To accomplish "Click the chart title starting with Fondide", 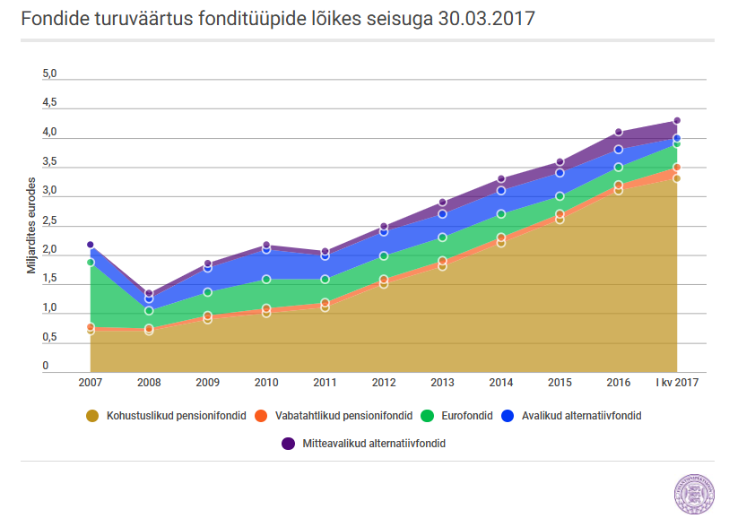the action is click(278, 19).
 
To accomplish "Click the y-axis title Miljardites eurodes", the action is click(31, 225).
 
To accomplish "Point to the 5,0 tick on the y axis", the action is click(49, 73).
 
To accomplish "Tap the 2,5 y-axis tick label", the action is click(49, 220).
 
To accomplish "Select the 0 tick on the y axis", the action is click(46, 366).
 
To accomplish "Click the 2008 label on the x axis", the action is click(149, 383).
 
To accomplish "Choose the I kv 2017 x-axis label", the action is click(677, 383).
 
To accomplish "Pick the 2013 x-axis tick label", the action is click(442, 383).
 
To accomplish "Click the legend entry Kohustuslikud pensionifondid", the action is click(167, 416).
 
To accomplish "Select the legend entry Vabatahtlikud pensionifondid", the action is click(334, 416).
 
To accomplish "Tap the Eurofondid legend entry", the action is click(456, 416).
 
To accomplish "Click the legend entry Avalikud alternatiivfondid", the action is click(571, 416).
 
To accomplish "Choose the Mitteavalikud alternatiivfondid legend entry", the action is click(363, 444).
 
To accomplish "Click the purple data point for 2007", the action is click(91, 245).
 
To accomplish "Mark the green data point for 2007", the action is click(91, 263).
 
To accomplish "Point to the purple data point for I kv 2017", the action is click(677, 121).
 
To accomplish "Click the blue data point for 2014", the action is click(501, 191).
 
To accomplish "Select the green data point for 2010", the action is click(266, 280).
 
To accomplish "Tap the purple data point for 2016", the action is click(619, 132).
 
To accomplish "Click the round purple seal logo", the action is click(694, 494).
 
